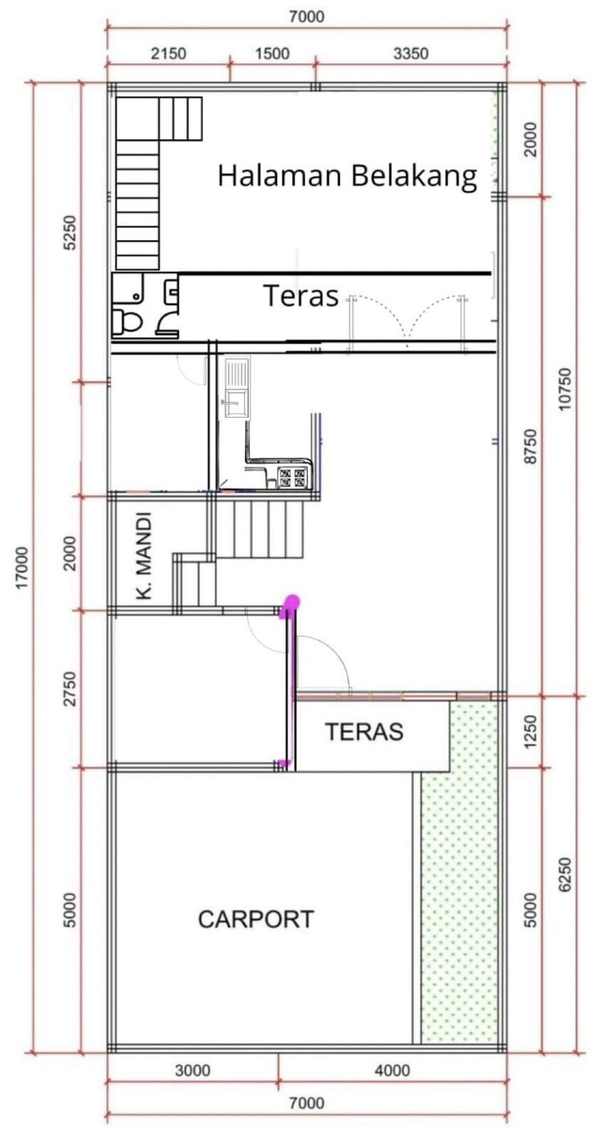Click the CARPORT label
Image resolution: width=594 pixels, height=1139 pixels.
coord(256,919)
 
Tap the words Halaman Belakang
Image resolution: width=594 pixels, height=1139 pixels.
coord(348,176)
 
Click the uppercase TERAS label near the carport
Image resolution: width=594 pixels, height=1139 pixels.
coord(364,732)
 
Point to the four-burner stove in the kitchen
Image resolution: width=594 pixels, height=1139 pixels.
coord(293,478)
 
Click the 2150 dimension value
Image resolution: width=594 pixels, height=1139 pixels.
coord(169,53)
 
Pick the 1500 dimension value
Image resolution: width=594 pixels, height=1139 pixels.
coord(272,53)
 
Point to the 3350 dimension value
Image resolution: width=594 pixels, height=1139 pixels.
coord(411,53)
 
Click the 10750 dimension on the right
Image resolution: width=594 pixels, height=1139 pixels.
coord(565,390)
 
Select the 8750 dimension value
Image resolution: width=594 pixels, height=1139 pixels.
coord(531,446)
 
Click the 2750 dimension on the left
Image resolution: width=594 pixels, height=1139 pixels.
coord(71,688)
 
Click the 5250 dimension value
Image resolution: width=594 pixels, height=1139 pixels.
coord(71,233)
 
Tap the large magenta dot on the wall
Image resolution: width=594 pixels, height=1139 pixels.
coord(291,603)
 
